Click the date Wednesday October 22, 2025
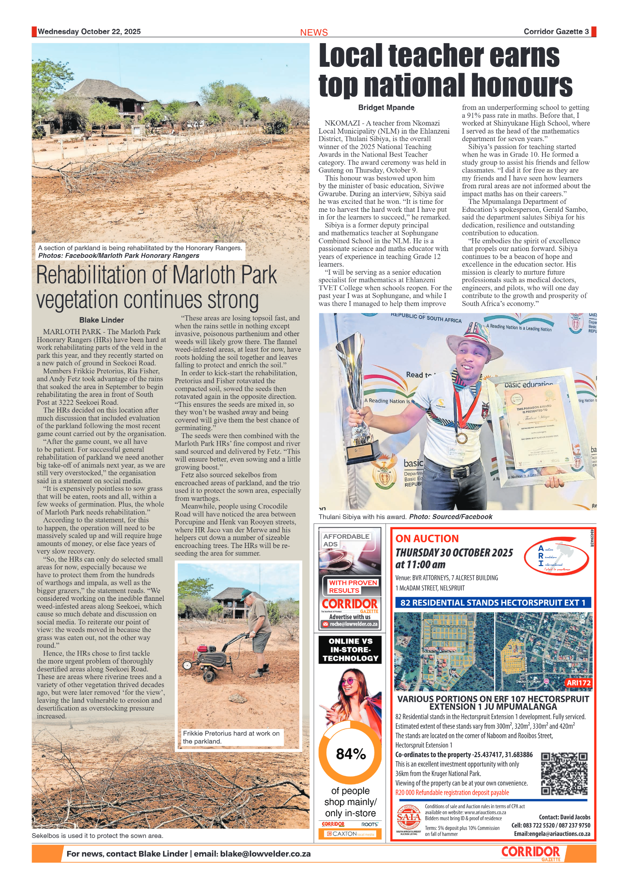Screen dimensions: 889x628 tap(89, 32)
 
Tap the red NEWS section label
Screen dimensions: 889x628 tap(314, 32)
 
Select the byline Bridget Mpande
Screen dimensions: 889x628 tap(386, 108)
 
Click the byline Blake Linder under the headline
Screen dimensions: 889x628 tap(101, 320)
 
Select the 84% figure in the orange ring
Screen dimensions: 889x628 tap(351, 753)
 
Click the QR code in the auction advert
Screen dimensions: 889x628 tap(564, 774)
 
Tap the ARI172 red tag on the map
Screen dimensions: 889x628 tap(578, 683)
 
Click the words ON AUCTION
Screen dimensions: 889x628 tap(427, 538)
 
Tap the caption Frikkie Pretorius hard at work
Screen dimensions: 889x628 tap(231, 737)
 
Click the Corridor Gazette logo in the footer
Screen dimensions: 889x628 tap(531, 853)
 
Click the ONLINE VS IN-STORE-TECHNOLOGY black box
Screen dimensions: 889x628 tap(350, 650)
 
